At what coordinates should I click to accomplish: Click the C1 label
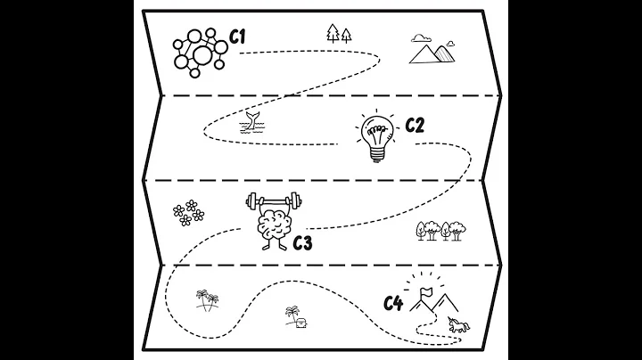tap(237, 37)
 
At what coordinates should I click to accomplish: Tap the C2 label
tap(415, 125)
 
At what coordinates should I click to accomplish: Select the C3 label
tap(302, 241)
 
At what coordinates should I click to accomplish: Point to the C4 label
tap(393, 304)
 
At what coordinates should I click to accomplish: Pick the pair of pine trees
tap(339, 34)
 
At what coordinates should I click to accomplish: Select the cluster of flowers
tap(188, 213)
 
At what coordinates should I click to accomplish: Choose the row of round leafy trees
tap(440, 232)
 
